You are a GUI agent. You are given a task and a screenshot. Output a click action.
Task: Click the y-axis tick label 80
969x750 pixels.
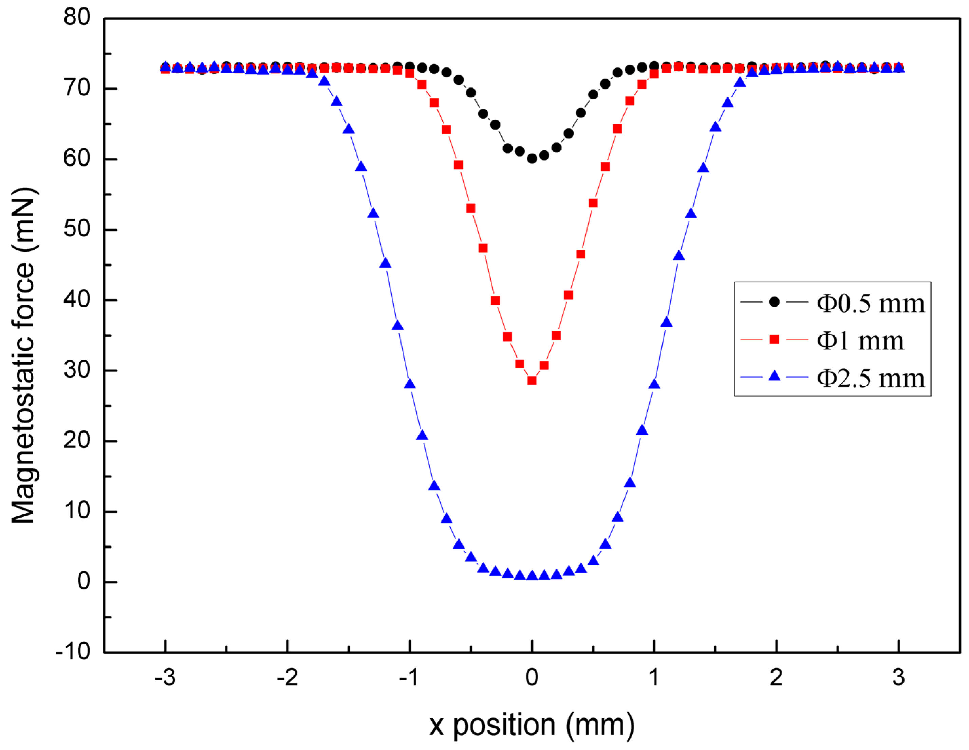[76, 17]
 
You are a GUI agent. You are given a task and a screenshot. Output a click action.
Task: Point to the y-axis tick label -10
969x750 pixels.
[73, 652]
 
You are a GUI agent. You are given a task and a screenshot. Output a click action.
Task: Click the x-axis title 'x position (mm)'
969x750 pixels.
[532, 725]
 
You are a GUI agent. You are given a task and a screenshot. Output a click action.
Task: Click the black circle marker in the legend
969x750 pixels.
[774, 302]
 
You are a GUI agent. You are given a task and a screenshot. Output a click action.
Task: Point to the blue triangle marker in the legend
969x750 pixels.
[774, 376]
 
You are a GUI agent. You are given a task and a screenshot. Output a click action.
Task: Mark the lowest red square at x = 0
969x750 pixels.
[532, 380]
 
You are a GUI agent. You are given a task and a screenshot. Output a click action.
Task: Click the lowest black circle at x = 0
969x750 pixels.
[532, 159]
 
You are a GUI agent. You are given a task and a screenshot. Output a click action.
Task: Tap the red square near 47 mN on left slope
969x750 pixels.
[483, 248]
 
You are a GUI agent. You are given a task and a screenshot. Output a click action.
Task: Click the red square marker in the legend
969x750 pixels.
[774, 340]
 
